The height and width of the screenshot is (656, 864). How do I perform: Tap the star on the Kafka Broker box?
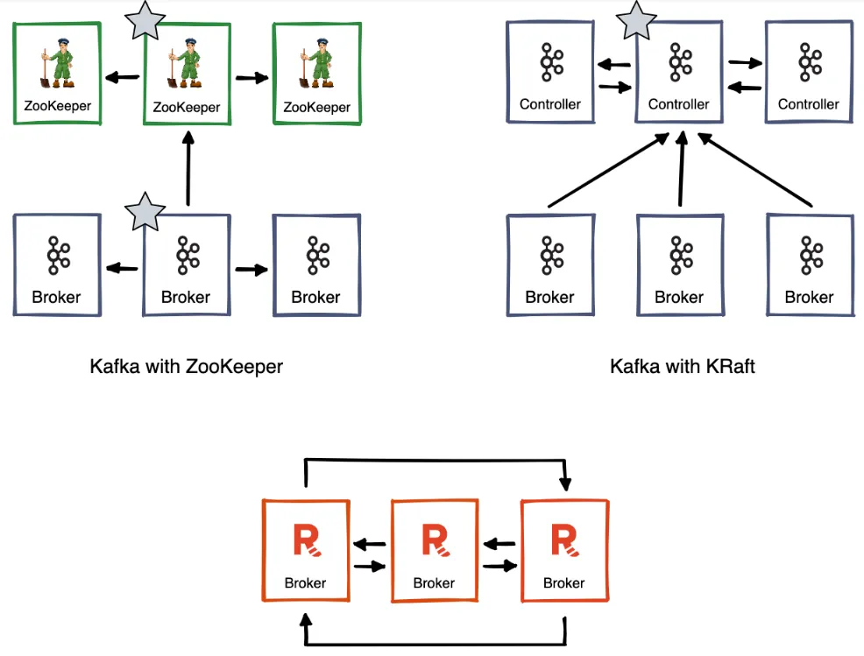click(x=144, y=212)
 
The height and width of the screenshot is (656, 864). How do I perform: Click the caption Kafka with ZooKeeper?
click(x=186, y=366)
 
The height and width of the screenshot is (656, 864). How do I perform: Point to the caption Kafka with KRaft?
click(x=682, y=366)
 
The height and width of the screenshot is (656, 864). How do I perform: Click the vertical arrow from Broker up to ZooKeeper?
click(x=188, y=167)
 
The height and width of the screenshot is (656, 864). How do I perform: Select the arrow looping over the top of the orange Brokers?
click(x=436, y=459)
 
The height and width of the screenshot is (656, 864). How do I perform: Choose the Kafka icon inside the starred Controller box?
click(x=679, y=63)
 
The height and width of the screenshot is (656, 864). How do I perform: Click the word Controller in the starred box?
click(x=679, y=104)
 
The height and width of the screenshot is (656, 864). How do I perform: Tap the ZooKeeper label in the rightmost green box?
click(x=316, y=108)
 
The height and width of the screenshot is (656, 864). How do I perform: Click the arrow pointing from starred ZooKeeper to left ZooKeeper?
click(x=122, y=78)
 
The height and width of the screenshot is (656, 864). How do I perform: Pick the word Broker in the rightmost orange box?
click(x=563, y=582)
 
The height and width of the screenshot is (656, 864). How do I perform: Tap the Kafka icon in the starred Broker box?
click(x=187, y=256)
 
